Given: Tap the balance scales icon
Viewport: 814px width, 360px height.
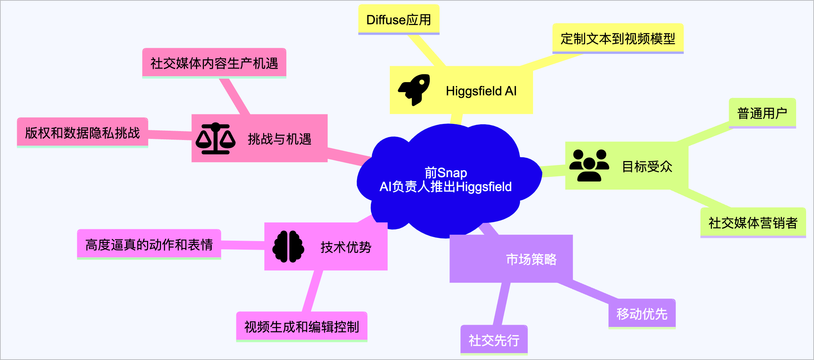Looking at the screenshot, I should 215,139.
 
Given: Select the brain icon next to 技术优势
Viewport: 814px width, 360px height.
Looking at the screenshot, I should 288,247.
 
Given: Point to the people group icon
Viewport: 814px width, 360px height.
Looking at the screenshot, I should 589,165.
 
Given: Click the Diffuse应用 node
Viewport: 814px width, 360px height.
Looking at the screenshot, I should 398,20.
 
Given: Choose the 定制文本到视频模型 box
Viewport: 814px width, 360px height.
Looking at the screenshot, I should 618,39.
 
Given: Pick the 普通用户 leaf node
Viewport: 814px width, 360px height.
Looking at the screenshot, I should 762,113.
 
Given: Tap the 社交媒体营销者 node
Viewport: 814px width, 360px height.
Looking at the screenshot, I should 753,223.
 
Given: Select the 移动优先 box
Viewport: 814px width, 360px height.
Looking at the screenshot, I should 642,314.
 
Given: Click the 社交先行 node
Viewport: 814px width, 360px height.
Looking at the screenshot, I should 494,340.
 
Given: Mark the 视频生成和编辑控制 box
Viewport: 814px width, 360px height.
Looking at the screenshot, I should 302,327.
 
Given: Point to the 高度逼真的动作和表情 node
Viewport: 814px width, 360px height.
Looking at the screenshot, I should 149,245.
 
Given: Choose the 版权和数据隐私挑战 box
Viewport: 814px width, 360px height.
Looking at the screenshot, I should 82,133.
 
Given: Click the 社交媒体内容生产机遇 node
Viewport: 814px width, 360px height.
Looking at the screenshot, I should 214,63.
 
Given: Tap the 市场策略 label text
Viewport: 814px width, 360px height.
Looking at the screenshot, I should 531,259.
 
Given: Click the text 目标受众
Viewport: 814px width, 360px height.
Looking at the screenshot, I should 647,166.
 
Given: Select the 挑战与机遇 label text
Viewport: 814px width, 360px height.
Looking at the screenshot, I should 280,139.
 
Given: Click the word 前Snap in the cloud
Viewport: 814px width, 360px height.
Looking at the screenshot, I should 446,173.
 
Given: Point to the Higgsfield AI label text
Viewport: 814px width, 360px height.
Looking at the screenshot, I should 481,91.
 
